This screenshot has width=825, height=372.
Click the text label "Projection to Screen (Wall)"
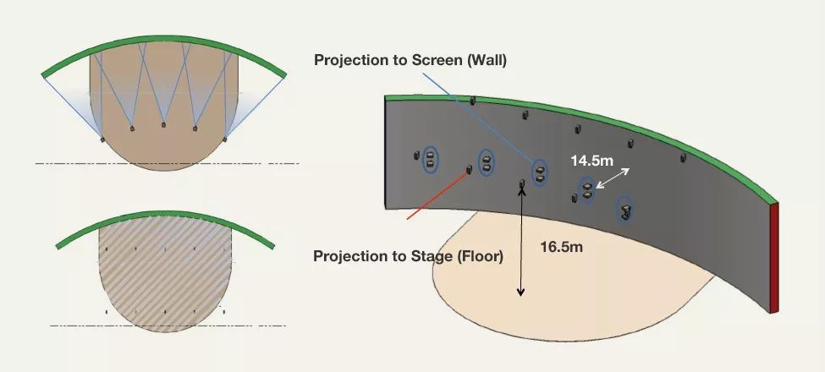point(410,60)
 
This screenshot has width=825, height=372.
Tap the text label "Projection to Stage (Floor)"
point(408,256)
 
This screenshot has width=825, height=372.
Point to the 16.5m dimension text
point(562,247)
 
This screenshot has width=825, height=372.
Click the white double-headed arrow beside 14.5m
point(613,178)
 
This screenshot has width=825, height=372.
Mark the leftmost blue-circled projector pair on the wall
point(430,158)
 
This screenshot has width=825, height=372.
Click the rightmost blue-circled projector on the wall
point(624,209)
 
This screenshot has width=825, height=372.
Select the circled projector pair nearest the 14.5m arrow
point(586,191)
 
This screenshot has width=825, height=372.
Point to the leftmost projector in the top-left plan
point(102,138)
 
